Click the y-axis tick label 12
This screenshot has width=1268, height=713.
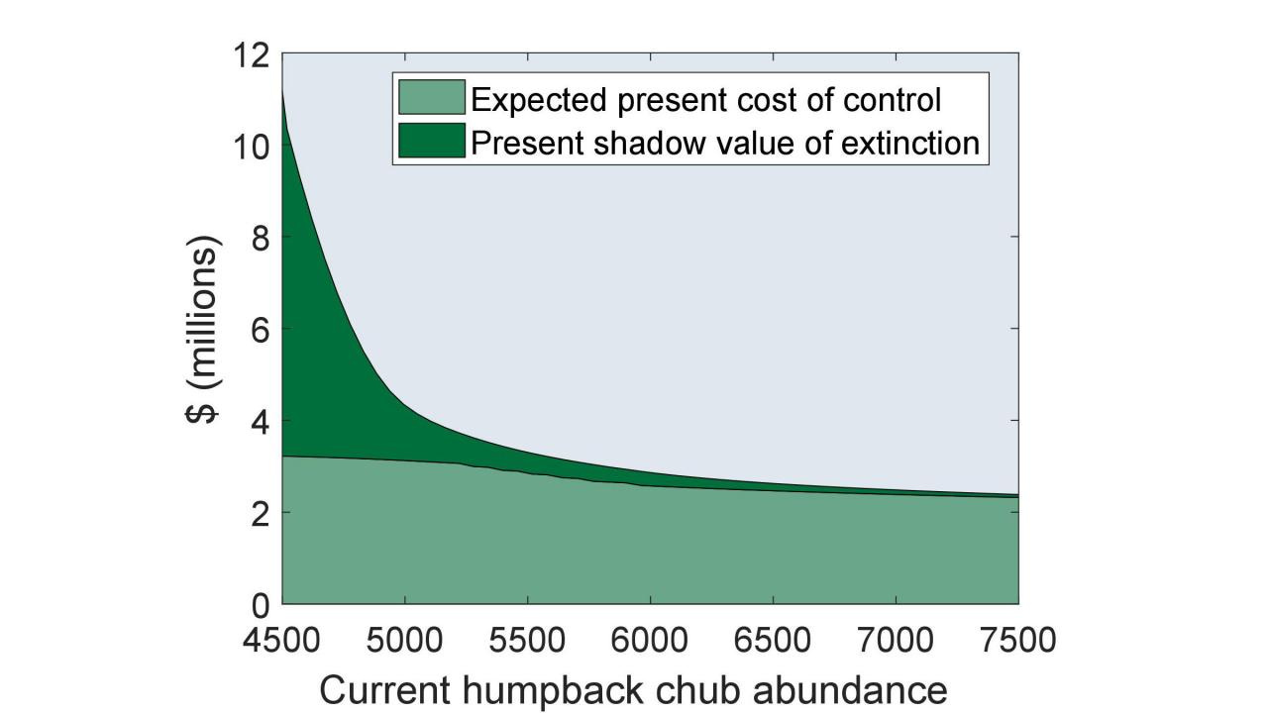(252, 55)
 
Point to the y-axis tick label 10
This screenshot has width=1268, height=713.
(252, 147)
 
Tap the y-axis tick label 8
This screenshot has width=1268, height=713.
(260, 238)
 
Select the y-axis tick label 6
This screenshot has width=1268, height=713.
(260, 329)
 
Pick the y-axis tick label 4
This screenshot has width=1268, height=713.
(260, 421)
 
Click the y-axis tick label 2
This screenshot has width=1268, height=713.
(260, 512)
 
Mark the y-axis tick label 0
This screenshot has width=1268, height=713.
(260, 603)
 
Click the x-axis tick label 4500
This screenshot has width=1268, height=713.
(282, 640)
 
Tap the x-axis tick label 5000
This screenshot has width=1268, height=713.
(405, 640)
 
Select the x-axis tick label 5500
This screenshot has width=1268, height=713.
(527, 640)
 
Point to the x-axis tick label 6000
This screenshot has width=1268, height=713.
(650, 640)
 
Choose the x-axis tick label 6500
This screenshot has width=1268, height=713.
(773, 640)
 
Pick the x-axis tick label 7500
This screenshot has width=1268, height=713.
(1017, 640)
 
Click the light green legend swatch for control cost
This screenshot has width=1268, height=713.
(431, 98)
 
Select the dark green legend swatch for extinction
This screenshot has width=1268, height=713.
(431, 141)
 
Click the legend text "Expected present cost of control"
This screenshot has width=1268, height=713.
(705, 99)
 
